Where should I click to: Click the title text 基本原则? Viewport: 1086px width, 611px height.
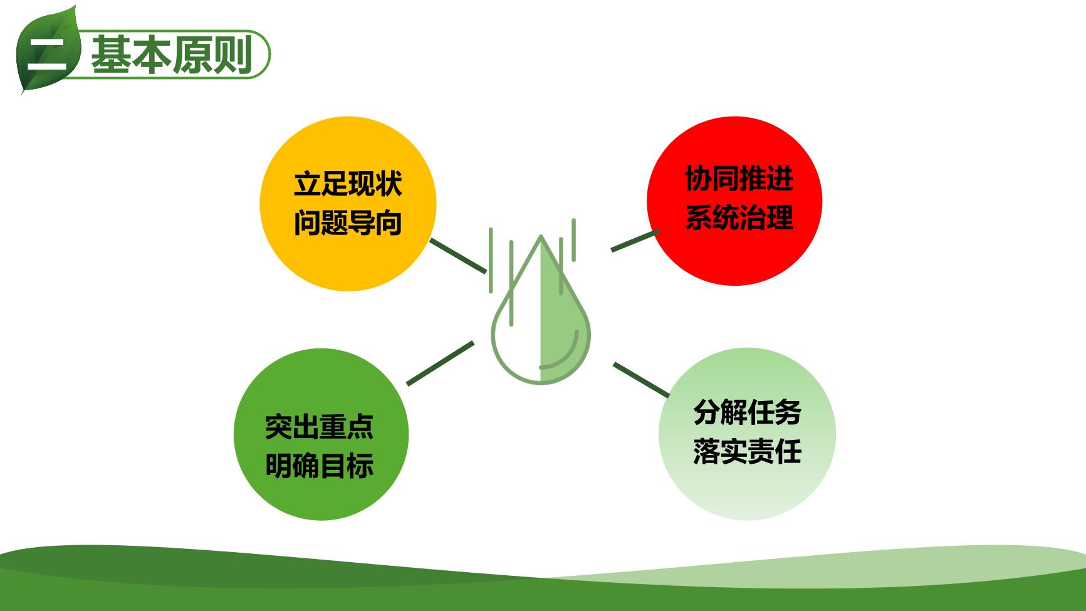click(x=172, y=55)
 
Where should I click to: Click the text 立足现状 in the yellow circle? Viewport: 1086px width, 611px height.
click(x=348, y=184)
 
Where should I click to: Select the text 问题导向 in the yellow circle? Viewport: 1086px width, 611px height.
click(x=348, y=223)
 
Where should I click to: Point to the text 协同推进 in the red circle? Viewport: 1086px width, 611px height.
click(x=739, y=179)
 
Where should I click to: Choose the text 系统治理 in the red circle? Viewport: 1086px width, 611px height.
click(x=739, y=217)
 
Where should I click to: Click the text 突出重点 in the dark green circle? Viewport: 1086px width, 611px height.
click(x=320, y=427)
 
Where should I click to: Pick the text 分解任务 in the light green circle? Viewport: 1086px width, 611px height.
click(x=748, y=412)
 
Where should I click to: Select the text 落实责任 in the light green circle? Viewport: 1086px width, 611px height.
click(x=748, y=451)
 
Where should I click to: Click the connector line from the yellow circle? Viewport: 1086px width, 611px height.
click(x=458, y=256)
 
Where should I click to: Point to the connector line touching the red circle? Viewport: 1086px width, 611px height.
click(x=635, y=241)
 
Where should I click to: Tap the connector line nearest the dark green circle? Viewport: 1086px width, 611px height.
click(x=441, y=363)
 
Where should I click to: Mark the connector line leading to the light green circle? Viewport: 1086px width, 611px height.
click(x=641, y=380)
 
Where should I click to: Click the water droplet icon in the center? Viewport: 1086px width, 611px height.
click(x=540, y=301)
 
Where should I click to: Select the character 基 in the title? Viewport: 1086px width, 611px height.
click(x=112, y=55)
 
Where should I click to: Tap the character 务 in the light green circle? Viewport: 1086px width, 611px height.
click(x=788, y=412)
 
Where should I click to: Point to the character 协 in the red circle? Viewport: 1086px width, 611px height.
click(x=699, y=179)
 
